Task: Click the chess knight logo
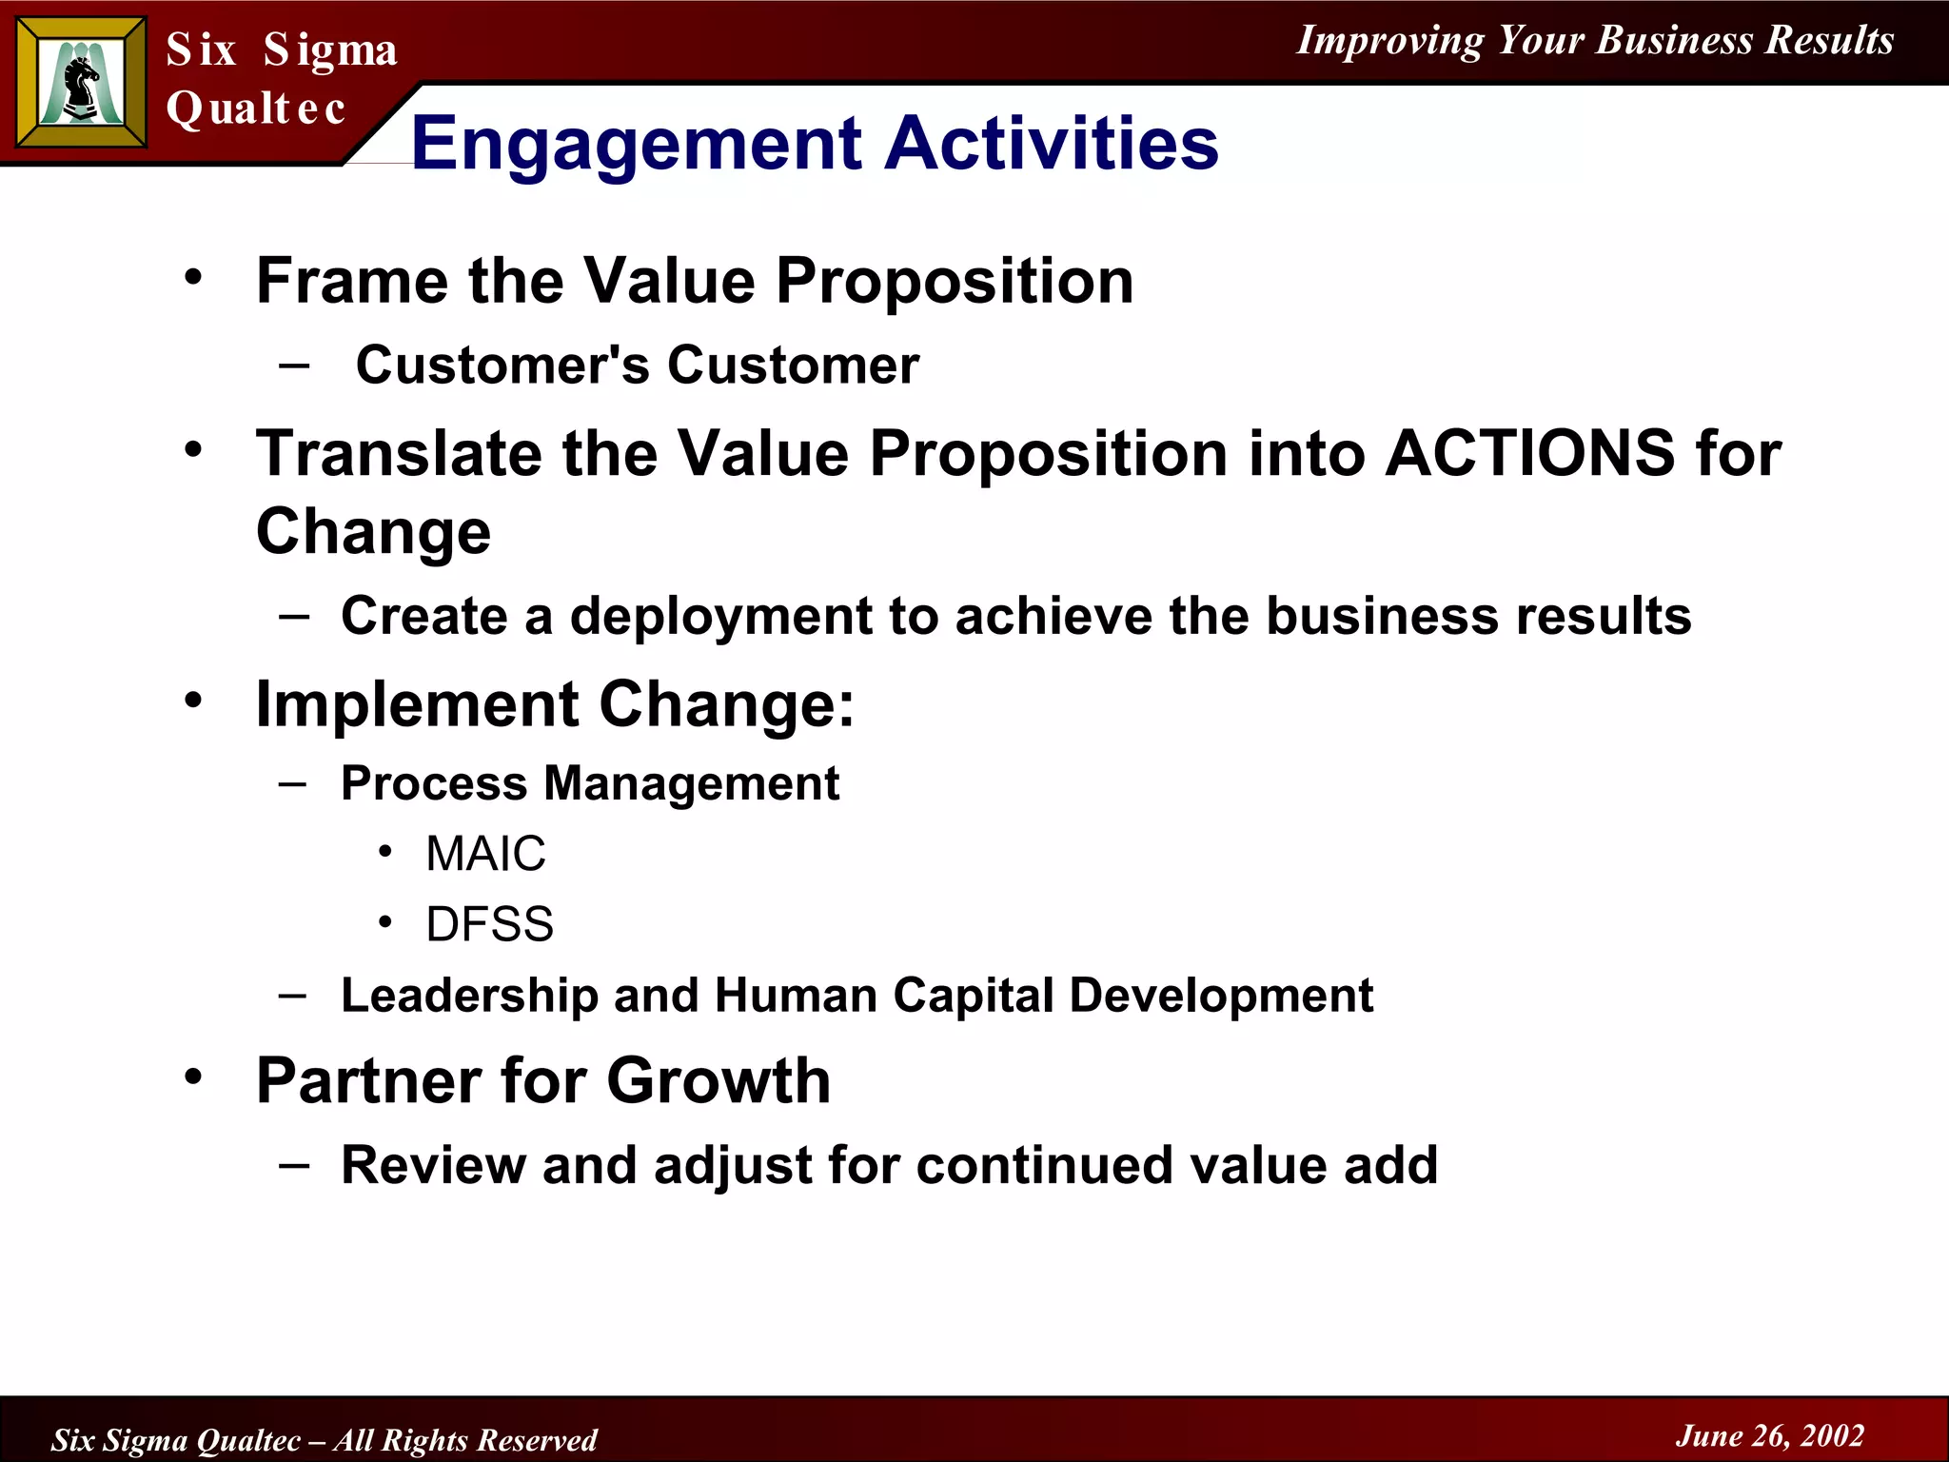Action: [82, 84]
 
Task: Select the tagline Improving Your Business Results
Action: [1595, 40]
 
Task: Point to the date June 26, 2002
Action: [1769, 1435]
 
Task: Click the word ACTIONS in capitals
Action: [1529, 453]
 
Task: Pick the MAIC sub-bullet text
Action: [485, 854]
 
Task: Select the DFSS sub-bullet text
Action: [489, 924]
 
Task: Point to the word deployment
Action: [720, 617]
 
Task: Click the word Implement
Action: [417, 705]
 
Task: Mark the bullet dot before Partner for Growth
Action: [194, 1077]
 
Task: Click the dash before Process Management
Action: [293, 783]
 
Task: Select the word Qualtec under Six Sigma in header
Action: [255, 108]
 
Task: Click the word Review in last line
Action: [433, 1165]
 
